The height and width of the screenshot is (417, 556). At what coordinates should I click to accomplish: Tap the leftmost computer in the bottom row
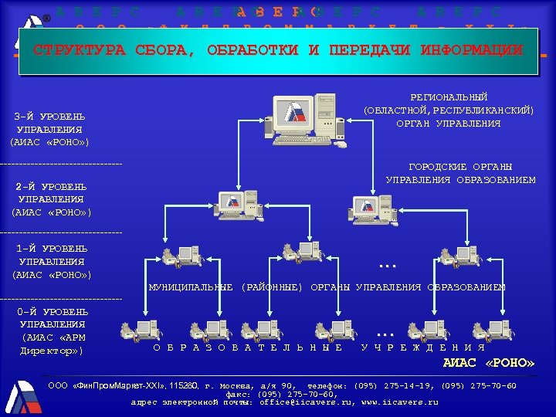tap(140, 331)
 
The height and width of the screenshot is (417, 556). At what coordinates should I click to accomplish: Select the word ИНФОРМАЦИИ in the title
tap(471, 51)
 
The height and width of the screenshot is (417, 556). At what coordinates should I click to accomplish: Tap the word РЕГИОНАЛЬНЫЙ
tap(449, 97)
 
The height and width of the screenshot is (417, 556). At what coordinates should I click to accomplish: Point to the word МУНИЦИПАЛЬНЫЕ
tap(191, 287)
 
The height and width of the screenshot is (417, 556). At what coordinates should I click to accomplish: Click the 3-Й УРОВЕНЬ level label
tap(50, 117)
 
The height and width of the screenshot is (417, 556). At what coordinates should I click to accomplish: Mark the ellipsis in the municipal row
tap(387, 265)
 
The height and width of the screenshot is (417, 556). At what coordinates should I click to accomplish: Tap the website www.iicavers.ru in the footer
tap(399, 402)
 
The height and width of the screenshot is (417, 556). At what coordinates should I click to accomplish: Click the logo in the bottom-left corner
tap(22, 396)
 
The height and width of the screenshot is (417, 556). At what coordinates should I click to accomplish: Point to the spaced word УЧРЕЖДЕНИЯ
tap(422, 347)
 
